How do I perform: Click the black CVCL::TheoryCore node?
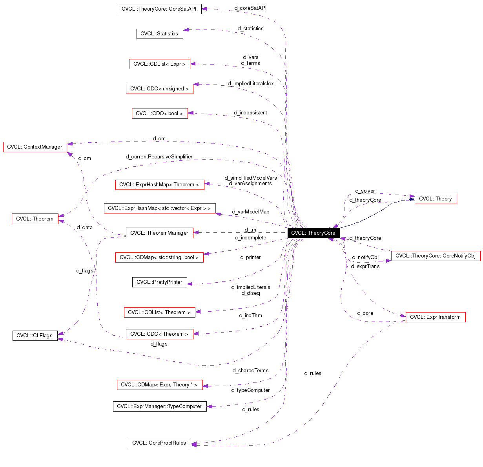coord(313,233)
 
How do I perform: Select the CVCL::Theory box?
coord(436,199)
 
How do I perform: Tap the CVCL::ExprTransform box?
coord(435,317)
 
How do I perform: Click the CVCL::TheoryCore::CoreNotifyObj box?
coord(436,256)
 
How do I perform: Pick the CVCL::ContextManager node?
coord(35,147)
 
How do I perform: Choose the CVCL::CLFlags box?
coord(35,335)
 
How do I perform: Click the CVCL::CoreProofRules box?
coord(159,443)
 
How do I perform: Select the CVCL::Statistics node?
coord(159,33)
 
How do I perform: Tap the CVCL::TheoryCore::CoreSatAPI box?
coord(159,9)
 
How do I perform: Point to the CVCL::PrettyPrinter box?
coord(159,282)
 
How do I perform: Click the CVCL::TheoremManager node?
coord(159,233)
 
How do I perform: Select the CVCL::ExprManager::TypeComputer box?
coord(159,406)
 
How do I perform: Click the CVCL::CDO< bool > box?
coord(159,113)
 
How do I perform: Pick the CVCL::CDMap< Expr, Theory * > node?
coord(159,384)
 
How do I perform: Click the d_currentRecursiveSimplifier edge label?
coord(159,156)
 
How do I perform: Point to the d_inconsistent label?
coord(250,112)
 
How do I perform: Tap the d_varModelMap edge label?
coord(250,211)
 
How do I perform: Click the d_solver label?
coord(365,191)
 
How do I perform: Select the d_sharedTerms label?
coord(250,370)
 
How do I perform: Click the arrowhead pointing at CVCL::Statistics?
coord(186,29)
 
